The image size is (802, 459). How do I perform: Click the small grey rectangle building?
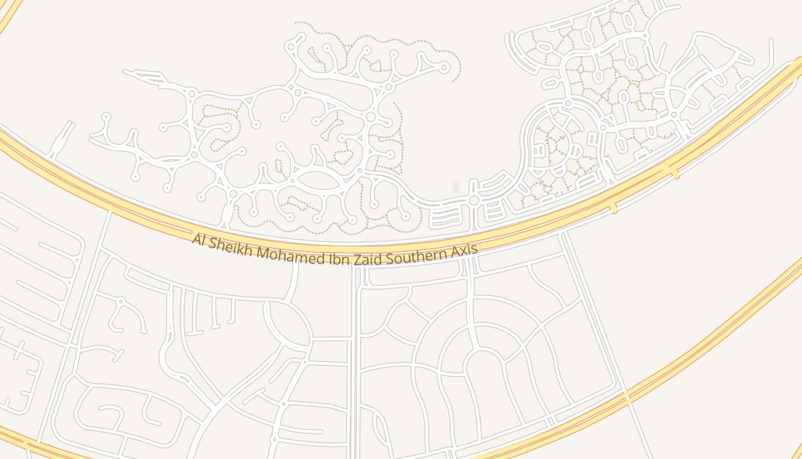[x=456, y=186]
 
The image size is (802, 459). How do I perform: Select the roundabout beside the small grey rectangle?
[x=474, y=200]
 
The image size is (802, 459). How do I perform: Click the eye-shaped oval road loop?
[x=319, y=180]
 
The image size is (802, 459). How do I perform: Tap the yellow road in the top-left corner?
[x=10, y=13]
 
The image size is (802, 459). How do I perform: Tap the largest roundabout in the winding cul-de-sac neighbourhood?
[x=371, y=117]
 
